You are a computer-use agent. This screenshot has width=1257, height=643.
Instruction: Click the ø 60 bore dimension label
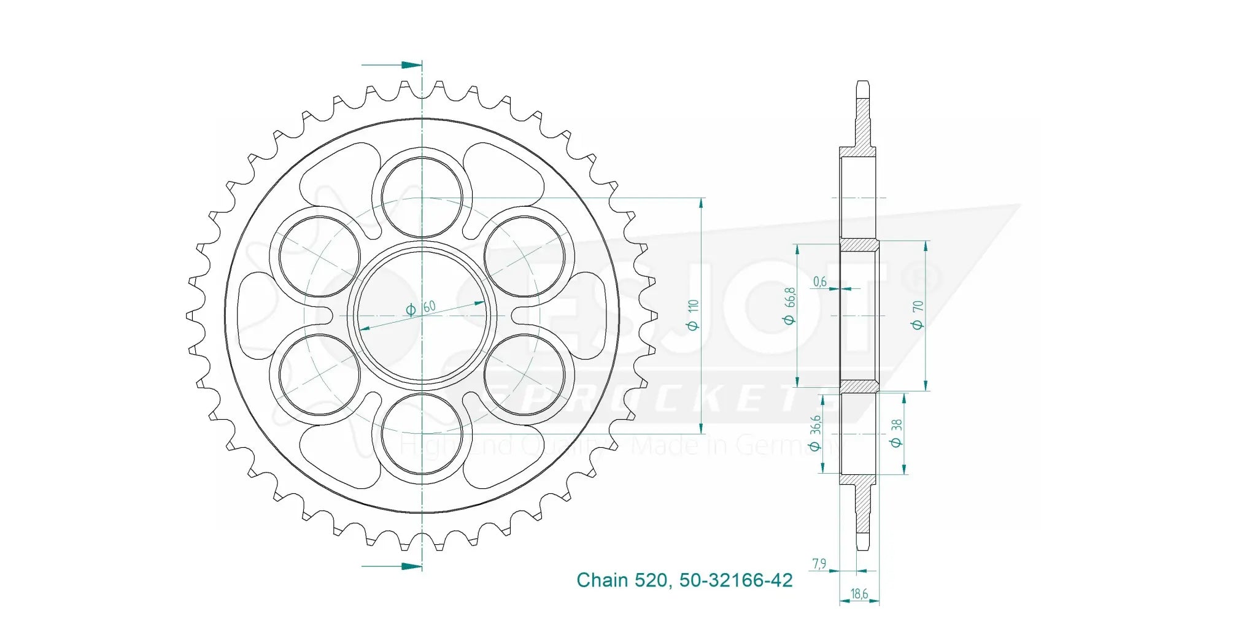[x=421, y=307]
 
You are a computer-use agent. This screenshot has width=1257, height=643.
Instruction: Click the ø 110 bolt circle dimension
[x=694, y=315]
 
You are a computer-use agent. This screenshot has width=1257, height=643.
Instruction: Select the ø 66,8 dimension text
[x=789, y=306]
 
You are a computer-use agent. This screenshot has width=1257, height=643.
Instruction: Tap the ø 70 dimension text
[x=918, y=314]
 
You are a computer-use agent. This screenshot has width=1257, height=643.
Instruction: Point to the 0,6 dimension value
[x=819, y=282]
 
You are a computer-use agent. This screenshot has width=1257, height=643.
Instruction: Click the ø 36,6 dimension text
[x=815, y=433]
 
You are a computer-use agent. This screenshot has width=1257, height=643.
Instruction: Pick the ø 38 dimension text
[x=896, y=433]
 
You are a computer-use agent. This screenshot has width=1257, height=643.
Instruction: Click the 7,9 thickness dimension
[x=819, y=563]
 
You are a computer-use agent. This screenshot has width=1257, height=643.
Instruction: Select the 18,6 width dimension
[x=859, y=594]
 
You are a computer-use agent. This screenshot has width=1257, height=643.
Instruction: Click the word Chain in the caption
[x=602, y=580]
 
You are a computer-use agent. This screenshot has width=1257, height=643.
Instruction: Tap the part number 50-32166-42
[x=736, y=580]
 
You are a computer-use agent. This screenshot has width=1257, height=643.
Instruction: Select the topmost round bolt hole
[x=422, y=197]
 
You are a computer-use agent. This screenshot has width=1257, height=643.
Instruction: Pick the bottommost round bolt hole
[x=422, y=434]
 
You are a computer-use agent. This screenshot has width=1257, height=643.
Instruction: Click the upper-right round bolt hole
[x=524, y=256]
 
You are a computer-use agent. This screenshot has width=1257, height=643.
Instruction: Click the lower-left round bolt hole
[x=319, y=374]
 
